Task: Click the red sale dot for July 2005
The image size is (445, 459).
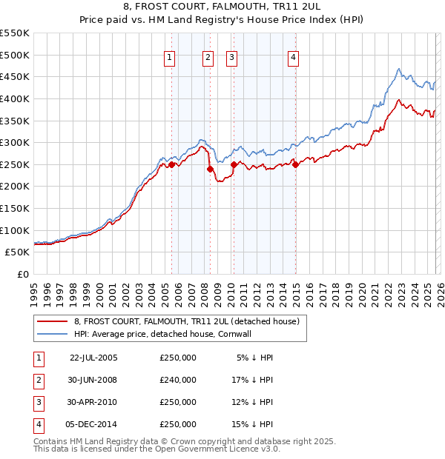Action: coord(171,164)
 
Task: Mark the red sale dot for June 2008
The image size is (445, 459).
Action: coord(210,169)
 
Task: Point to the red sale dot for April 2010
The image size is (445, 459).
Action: coord(234,164)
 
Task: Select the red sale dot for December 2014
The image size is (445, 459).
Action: coord(295,164)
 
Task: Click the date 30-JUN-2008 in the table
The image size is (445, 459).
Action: coord(93,380)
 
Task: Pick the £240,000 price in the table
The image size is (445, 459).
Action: coord(178,380)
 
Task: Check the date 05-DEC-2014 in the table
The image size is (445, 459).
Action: coord(93,424)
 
